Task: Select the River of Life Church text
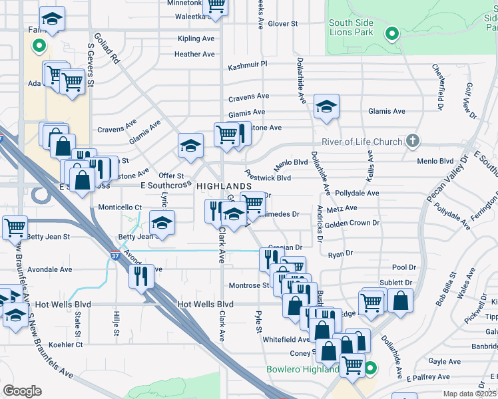coord(362,142)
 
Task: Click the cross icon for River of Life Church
coord(413,141)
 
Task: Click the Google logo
coord(22,390)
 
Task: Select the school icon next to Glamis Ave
coord(326,106)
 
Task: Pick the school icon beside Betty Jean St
coord(161,223)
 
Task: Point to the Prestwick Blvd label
coord(268,178)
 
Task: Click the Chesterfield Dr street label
coord(437,86)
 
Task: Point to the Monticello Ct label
coord(120,207)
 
